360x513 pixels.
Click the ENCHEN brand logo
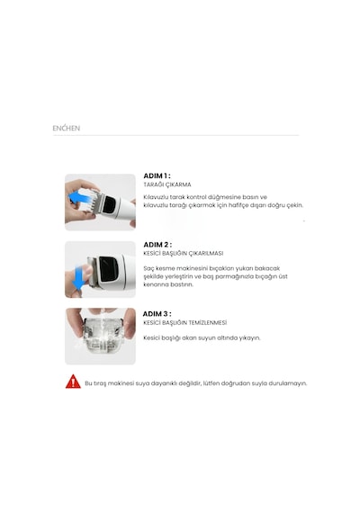[x=66, y=128]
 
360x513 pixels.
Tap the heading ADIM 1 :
[x=157, y=175]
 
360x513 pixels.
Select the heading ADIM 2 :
[x=157, y=245]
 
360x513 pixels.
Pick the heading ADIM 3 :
[x=157, y=314]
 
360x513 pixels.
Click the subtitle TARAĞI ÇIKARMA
[x=167, y=184]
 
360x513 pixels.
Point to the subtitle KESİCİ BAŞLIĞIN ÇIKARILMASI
[x=184, y=253]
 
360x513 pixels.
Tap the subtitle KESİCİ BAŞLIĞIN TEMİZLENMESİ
[x=184, y=322]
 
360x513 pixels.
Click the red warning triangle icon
[x=73, y=382]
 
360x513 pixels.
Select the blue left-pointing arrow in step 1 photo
[x=80, y=199]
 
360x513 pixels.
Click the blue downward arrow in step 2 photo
[x=79, y=278]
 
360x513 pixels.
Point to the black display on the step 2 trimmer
[x=108, y=269]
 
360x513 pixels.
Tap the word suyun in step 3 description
[x=206, y=337]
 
